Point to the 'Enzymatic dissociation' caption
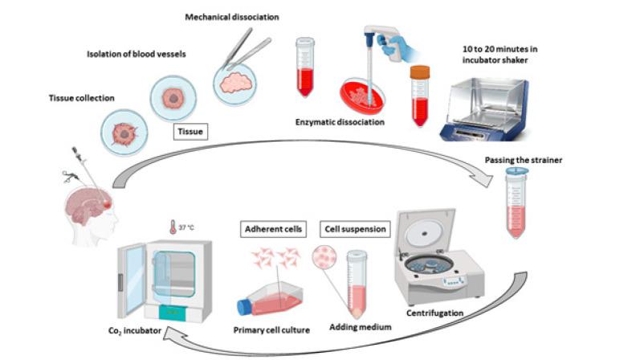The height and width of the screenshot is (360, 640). click(x=336, y=122)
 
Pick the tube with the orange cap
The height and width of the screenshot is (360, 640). click(x=418, y=95)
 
